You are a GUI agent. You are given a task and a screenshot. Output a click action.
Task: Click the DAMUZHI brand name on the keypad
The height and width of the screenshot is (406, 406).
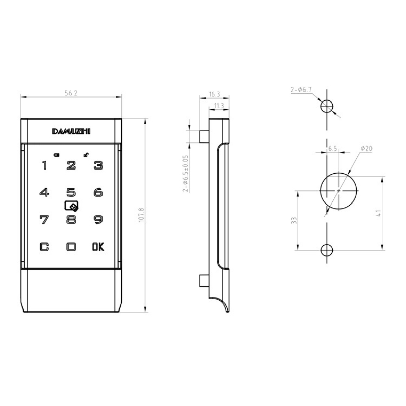coord(71,131)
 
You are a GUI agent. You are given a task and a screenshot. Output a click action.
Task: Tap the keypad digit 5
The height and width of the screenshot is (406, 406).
coord(71,193)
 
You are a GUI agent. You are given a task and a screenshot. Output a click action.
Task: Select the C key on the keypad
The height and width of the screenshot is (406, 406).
coord(44,247)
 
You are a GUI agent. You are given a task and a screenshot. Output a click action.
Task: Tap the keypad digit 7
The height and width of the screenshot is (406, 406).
coord(44,220)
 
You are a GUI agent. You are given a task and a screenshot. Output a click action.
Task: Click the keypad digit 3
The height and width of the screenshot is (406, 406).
coord(98,165)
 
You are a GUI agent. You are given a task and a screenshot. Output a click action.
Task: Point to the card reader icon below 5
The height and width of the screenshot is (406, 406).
coord(71,207)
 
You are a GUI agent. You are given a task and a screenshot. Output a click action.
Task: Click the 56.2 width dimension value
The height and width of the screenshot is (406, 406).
coord(71,93)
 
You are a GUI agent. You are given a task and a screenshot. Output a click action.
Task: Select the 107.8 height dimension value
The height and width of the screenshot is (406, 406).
coord(141,215)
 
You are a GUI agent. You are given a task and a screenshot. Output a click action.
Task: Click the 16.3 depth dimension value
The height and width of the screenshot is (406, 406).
coord(214,94)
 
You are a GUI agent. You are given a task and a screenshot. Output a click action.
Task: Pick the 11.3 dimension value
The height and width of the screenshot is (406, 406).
coord(219,106)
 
